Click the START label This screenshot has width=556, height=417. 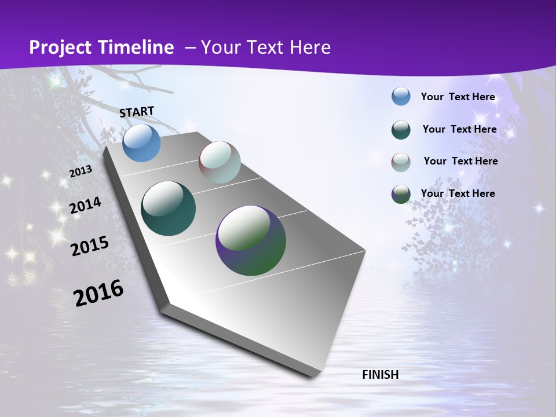[x=137, y=112]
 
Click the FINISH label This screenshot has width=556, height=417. [x=380, y=375]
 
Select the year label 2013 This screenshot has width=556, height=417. [x=81, y=171]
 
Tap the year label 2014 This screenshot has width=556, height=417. [x=85, y=206]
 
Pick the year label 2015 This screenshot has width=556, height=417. [x=89, y=246]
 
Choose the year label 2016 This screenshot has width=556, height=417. [x=98, y=293]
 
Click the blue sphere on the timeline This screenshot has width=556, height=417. [x=142, y=142]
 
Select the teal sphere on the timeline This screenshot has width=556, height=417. [x=168, y=209]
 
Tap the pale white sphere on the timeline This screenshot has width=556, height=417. [x=220, y=162]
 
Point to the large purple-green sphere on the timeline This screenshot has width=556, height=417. [x=251, y=240]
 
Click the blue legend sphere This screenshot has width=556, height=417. [x=401, y=96]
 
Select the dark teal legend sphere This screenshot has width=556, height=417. [x=401, y=130]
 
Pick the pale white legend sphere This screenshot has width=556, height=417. [x=401, y=162]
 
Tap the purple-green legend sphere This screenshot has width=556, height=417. [x=401, y=194]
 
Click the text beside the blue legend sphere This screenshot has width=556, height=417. [x=458, y=97]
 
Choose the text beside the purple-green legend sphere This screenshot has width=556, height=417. [x=458, y=193]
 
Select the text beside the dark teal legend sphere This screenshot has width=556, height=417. [x=459, y=129]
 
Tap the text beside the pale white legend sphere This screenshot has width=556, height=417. [x=460, y=161]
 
